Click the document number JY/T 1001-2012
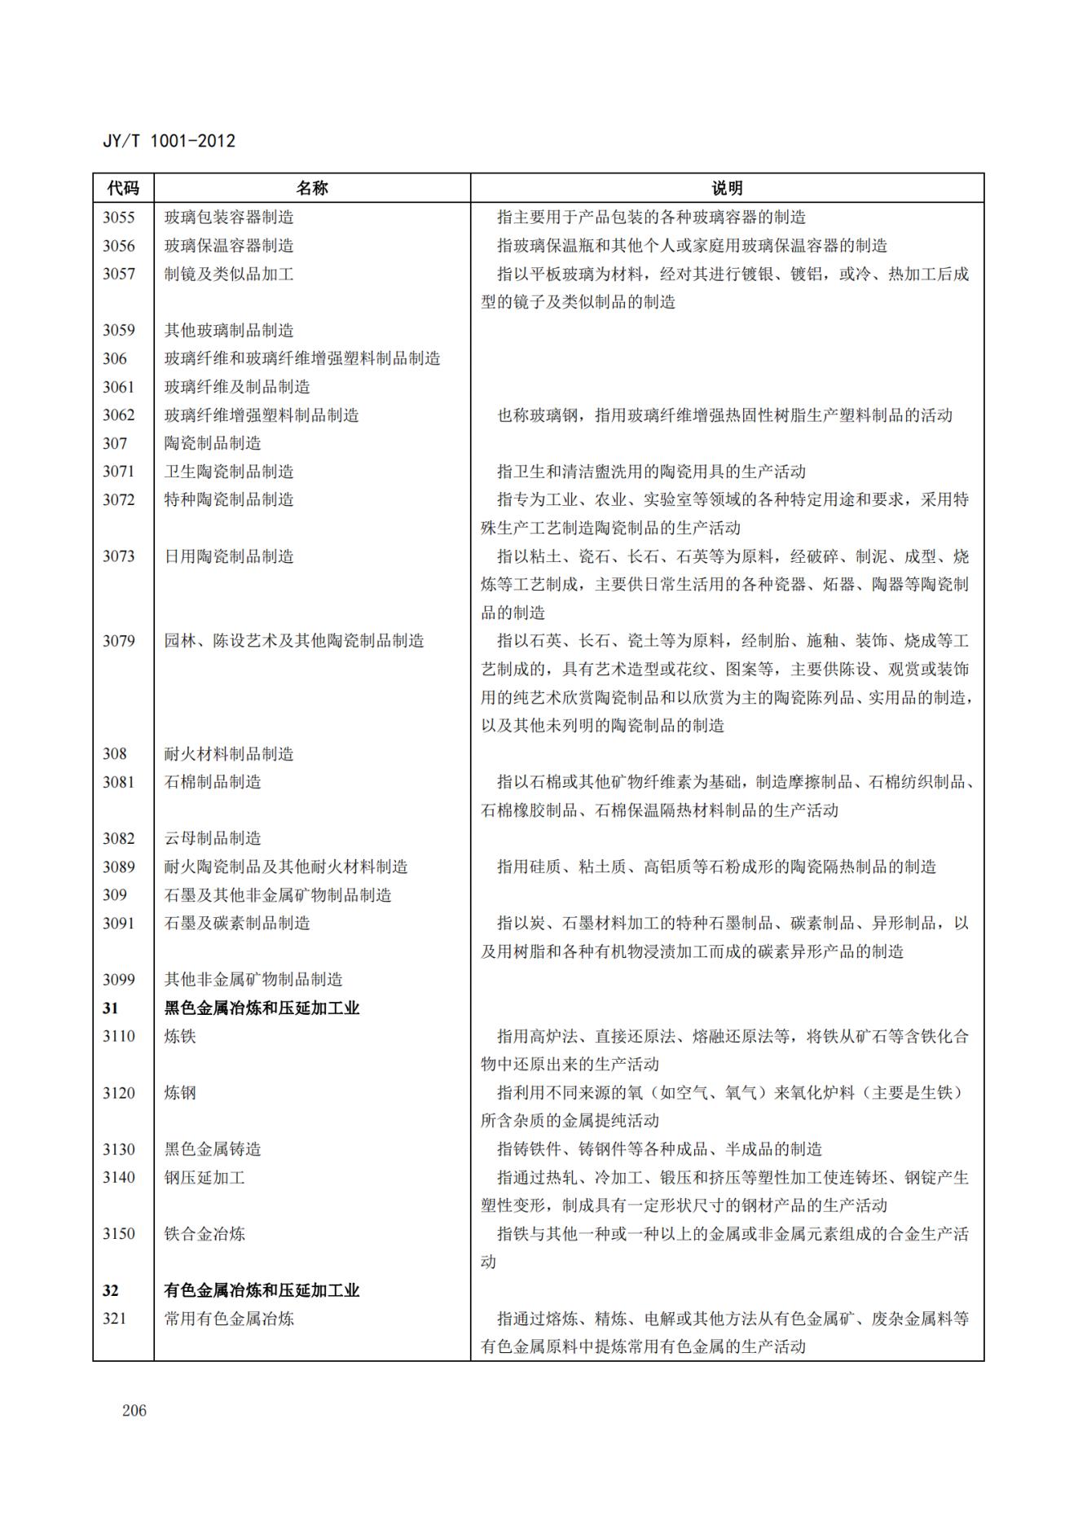[169, 141]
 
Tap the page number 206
[134, 1410]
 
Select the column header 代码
[123, 188]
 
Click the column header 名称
[311, 188]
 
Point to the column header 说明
[726, 188]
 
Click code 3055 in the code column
[119, 217]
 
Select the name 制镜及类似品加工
[229, 274]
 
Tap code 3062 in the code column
[119, 415]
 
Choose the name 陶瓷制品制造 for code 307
[213, 443]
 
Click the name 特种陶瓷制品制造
[229, 499]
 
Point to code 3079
[119, 641]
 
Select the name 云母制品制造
[213, 838]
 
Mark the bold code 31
[111, 1008]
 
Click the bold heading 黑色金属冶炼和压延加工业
[262, 1008]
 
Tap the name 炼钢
[180, 1092]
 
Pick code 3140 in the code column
[119, 1177]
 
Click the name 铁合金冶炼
[205, 1233]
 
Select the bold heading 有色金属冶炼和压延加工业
[262, 1290]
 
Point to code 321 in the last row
[115, 1318]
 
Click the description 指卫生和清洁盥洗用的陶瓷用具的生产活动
[651, 472]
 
